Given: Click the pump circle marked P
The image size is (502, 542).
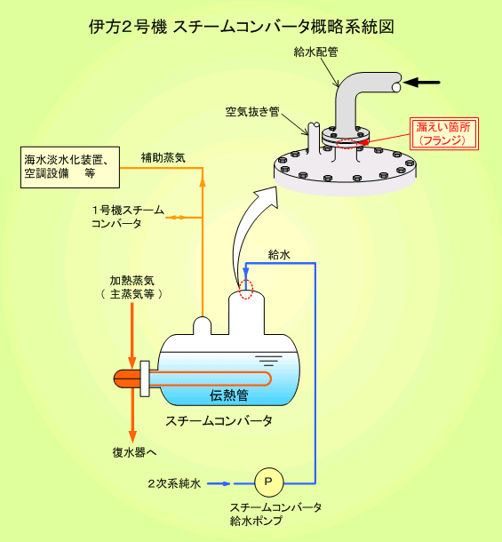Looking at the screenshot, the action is pyautogui.click(x=268, y=482).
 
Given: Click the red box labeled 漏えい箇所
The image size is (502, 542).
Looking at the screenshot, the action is pyautogui.click(x=444, y=134).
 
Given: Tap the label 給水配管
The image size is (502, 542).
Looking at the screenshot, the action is pyautogui.click(x=315, y=52).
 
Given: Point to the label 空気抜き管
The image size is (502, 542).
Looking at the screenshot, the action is pyautogui.click(x=252, y=112).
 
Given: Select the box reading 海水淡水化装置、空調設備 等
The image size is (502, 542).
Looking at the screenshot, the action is pyautogui.click(x=70, y=167).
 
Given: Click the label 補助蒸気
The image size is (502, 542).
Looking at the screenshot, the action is pyautogui.click(x=163, y=158).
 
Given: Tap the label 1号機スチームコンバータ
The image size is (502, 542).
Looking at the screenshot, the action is pyautogui.click(x=128, y=217).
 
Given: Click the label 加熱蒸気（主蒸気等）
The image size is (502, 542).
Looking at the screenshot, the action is pyautogui.click(x=131, y=287).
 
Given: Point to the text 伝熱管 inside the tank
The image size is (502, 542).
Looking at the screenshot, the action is pyautogui.click(x=229, y=395).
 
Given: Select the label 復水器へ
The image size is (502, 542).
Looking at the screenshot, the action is pyautogui.click(x=134, y=452).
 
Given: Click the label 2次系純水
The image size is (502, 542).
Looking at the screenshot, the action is pyautogui.click(x=174, y=483).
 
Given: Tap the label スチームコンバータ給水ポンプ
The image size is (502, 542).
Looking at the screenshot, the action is pyautogui.click(x=275, y=514).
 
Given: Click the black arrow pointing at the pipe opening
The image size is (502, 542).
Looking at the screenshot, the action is pyautogui.click(x=421, y=83).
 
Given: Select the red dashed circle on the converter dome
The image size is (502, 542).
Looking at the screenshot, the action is pyautogui.click(x=246, y=289).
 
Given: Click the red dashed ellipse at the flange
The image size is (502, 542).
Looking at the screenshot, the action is pyautogui.click(x=347, y=143).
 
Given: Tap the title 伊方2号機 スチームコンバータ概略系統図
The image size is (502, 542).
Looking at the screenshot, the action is pyautogui.click(x=242, y=27).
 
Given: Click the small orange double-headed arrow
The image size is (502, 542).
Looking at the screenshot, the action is pyautogui.click(x=176, y=218).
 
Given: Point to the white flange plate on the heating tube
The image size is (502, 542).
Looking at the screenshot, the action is pyautogui.click(x=145, y=379).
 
